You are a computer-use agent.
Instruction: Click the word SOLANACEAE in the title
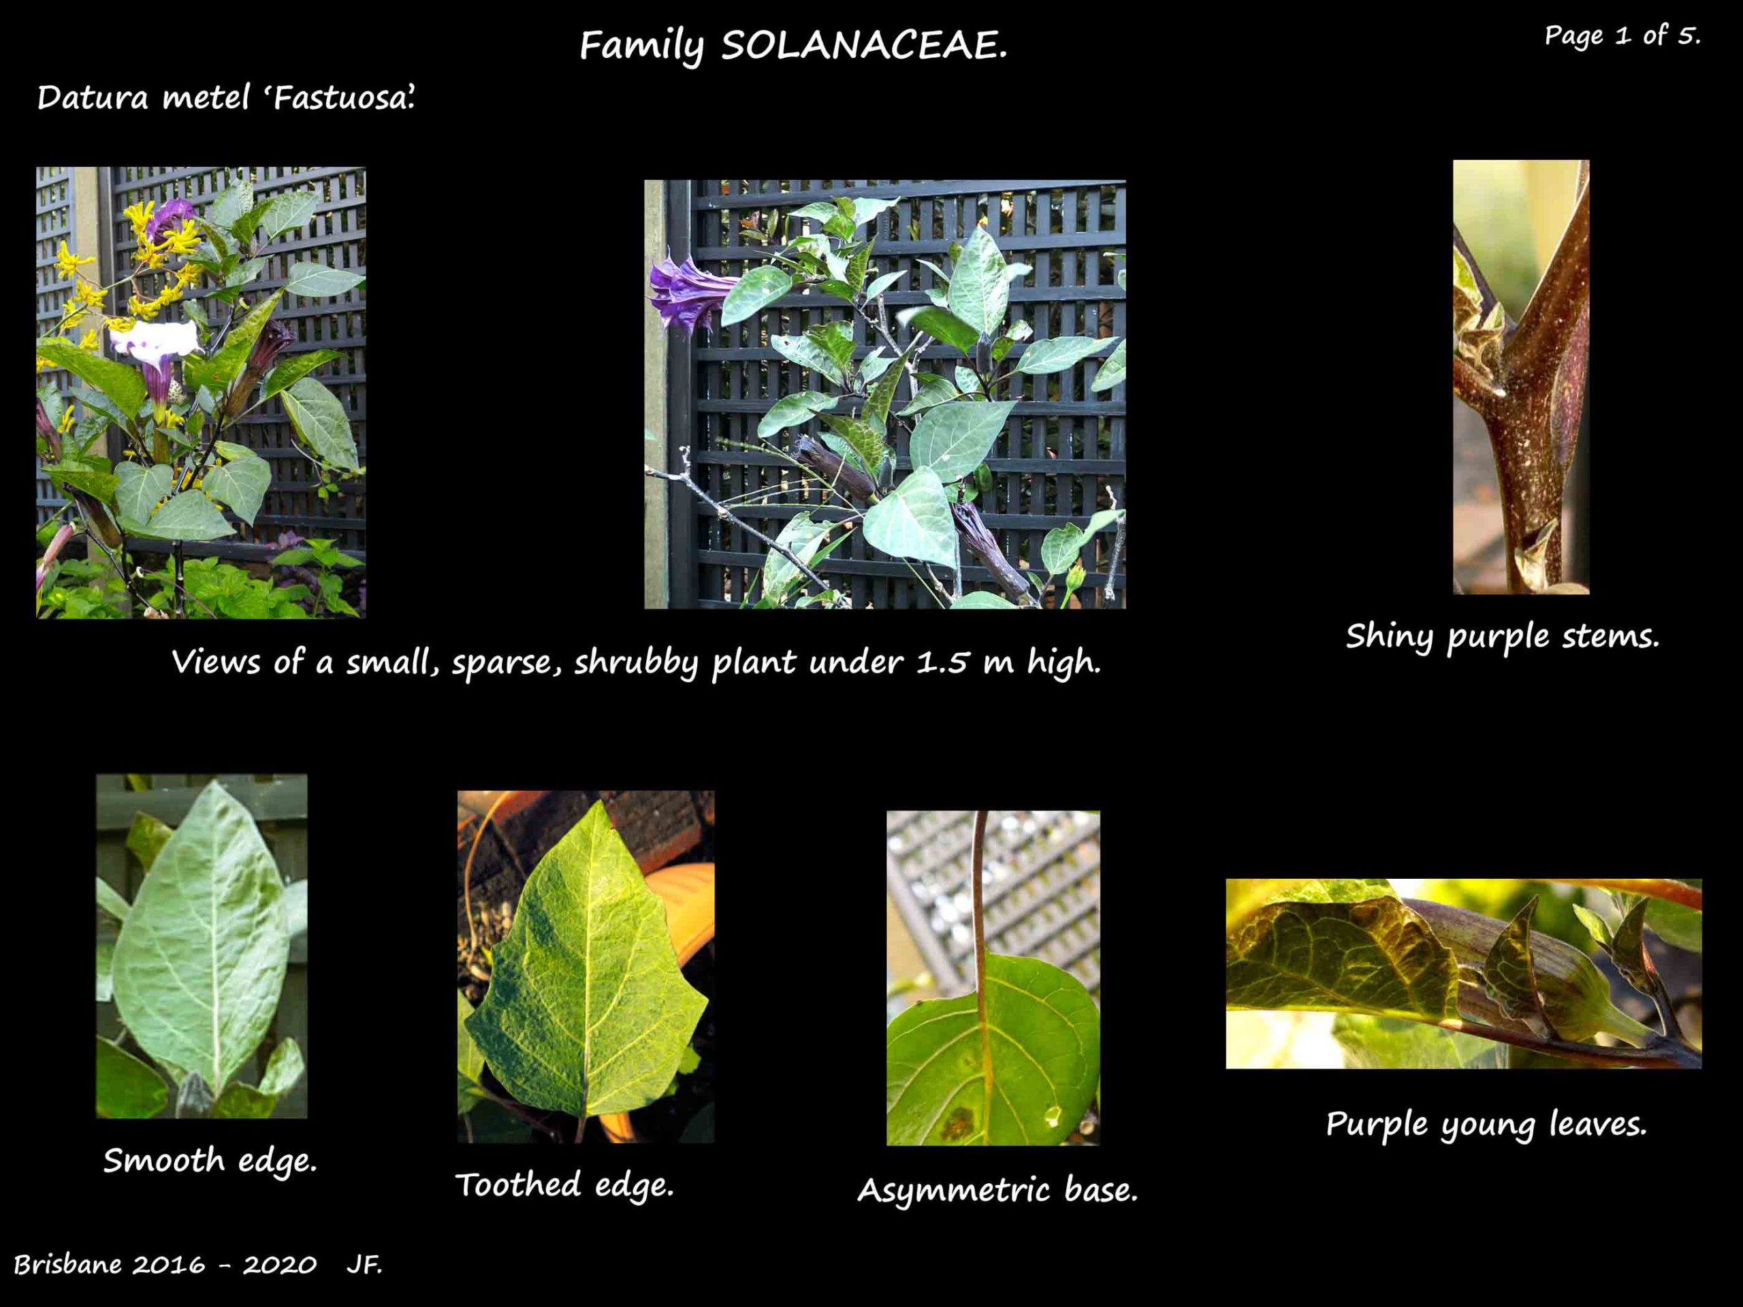(865, 46)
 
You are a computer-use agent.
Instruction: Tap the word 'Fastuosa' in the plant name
(344, 98)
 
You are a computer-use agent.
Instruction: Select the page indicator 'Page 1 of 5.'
(1622, 35)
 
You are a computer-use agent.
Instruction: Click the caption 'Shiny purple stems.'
(1503, 636)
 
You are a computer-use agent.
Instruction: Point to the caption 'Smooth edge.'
(210, 1161)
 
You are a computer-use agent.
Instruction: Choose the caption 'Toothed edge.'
(565, 1184)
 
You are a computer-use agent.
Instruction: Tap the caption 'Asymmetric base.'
(997, 1190)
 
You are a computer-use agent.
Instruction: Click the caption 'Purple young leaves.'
(1486, 1123)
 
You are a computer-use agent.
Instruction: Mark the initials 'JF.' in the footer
(364, 1265)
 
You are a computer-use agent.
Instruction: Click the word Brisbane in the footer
(69, 1265)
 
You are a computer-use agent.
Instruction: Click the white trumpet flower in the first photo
(155, 339)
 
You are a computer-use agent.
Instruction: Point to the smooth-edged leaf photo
(202, 946)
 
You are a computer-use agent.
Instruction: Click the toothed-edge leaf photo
(586, 967)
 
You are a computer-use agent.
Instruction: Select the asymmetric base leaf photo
(993, 978)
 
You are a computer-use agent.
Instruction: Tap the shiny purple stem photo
(1521, 377)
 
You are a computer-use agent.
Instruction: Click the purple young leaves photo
(1463, 973)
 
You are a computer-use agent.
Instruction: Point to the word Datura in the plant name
(93, 98)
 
